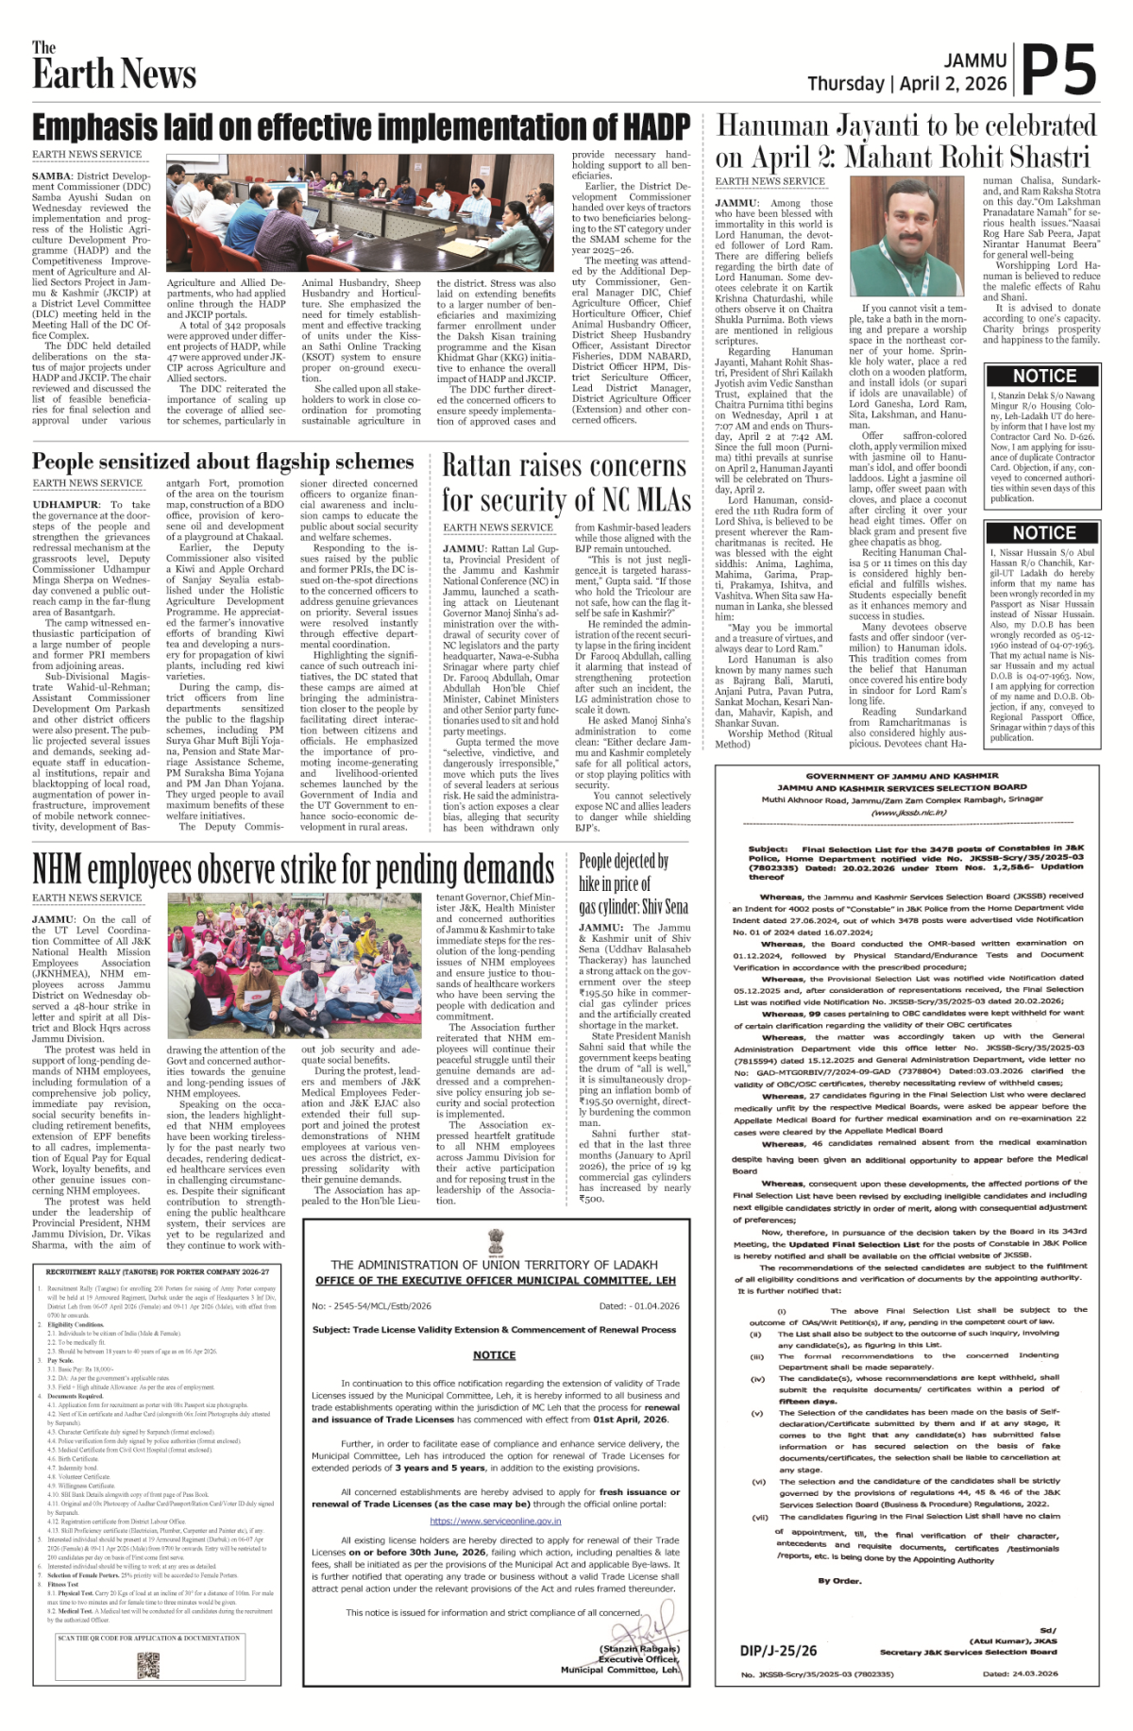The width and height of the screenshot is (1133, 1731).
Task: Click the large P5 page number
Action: coord(1058,71)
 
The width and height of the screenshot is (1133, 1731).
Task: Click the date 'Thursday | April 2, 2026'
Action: coord(906,83)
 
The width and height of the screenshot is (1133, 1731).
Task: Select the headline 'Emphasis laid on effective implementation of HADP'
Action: coord(361,126)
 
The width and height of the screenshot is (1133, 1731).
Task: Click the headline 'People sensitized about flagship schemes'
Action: coord(223,462)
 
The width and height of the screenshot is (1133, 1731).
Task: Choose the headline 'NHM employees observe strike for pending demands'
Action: coord(293,869)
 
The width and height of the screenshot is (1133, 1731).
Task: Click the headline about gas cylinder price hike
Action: coord(633,883)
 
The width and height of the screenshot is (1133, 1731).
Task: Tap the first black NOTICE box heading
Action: coord(1043,376)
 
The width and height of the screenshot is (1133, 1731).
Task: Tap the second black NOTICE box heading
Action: coord(1043,532)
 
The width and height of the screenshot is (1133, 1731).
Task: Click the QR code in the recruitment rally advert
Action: coord(148,1664)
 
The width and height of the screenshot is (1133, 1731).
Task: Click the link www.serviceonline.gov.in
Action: coord(495,1521)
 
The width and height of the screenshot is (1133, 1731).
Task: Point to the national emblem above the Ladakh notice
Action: coord(496,1240)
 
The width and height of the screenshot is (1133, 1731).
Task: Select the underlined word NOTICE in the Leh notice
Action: coord(495,1354)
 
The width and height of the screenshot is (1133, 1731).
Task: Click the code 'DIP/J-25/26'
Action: coord(778,1650)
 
